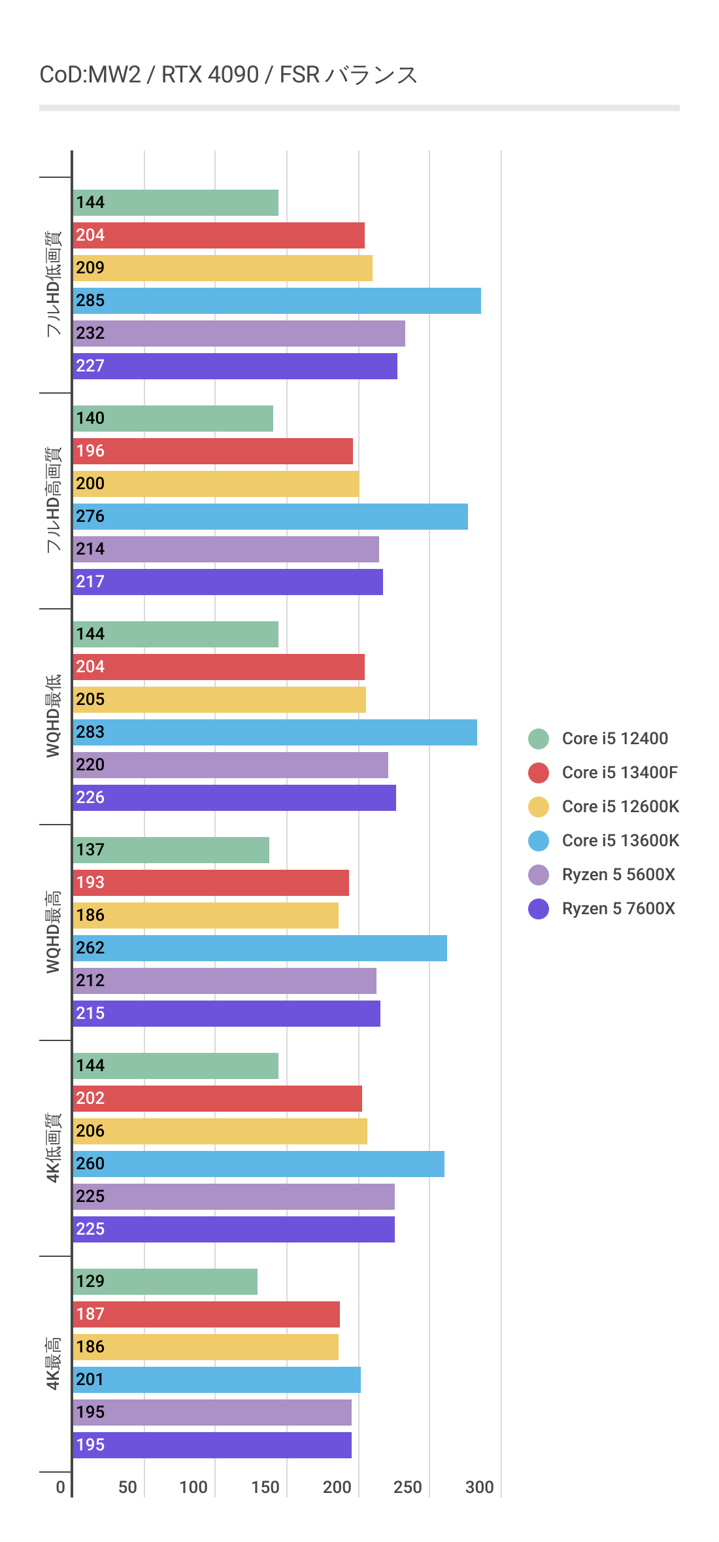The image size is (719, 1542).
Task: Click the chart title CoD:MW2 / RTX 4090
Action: [x=228, y=75]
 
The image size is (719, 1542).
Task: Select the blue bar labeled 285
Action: [x=276, y=301]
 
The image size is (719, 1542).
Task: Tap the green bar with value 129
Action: [x=165, y=1282]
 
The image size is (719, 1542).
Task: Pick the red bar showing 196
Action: [x=213, y=451]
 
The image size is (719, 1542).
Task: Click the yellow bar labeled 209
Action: [x=222, y=268]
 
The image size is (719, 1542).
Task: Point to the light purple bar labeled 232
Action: [x=239, y=334]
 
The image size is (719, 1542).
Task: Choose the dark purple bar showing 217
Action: [x=227, y=582]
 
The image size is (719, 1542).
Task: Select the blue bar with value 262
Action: [x=259, y=948]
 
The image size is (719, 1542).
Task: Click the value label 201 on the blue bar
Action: [x=90, y=1380]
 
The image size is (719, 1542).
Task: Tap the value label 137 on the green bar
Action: [x=90, y=850]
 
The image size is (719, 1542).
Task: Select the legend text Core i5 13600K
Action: [x=620, y=841]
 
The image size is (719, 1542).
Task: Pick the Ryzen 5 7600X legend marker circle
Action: [x=539, y=909]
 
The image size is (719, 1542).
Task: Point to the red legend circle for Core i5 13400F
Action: [x=539, y=773]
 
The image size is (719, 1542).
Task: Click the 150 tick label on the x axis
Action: [x=265, y=1488]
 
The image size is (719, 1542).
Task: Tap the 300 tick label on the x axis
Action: [x=479, y=1488]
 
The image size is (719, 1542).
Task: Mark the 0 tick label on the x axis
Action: [x=60, y=1488]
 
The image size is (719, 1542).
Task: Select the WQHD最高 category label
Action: [x=54, y=932]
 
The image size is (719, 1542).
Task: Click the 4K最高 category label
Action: [x=54, y=1363]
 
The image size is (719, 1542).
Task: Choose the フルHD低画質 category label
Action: [x=54, y=284]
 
